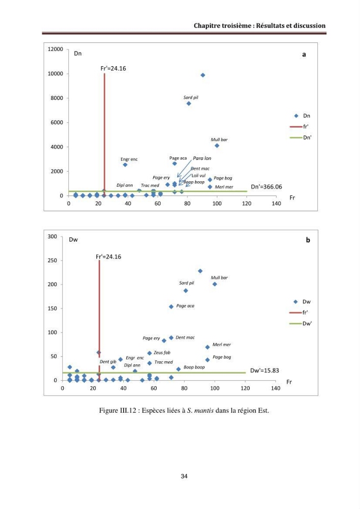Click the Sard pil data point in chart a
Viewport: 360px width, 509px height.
pos(188,103)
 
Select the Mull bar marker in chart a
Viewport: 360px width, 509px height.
pos(217,146)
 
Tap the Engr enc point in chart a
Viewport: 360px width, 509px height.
pos(125,165)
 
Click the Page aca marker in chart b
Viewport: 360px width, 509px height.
pos(171,307)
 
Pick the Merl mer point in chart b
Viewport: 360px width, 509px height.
pos(207,347)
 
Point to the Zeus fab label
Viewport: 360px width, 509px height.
pos(162,353)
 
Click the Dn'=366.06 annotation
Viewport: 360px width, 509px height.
pos(266,187)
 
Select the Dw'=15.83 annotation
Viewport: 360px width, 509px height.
pos(265,371)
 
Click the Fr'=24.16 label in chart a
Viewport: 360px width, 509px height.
pos(113,69)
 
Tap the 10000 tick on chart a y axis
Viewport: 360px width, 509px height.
pos(55,74)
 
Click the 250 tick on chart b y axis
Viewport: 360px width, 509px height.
pos(52,260)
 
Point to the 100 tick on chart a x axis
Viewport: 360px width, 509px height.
pos(217,204)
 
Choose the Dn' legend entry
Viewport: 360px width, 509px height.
pos(300,137)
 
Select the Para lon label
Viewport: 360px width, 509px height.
pos(202,158)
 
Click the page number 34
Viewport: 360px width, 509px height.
pos(184,476)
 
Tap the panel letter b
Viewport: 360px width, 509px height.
pos(308,240)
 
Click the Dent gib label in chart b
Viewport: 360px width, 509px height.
pos(108,361)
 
